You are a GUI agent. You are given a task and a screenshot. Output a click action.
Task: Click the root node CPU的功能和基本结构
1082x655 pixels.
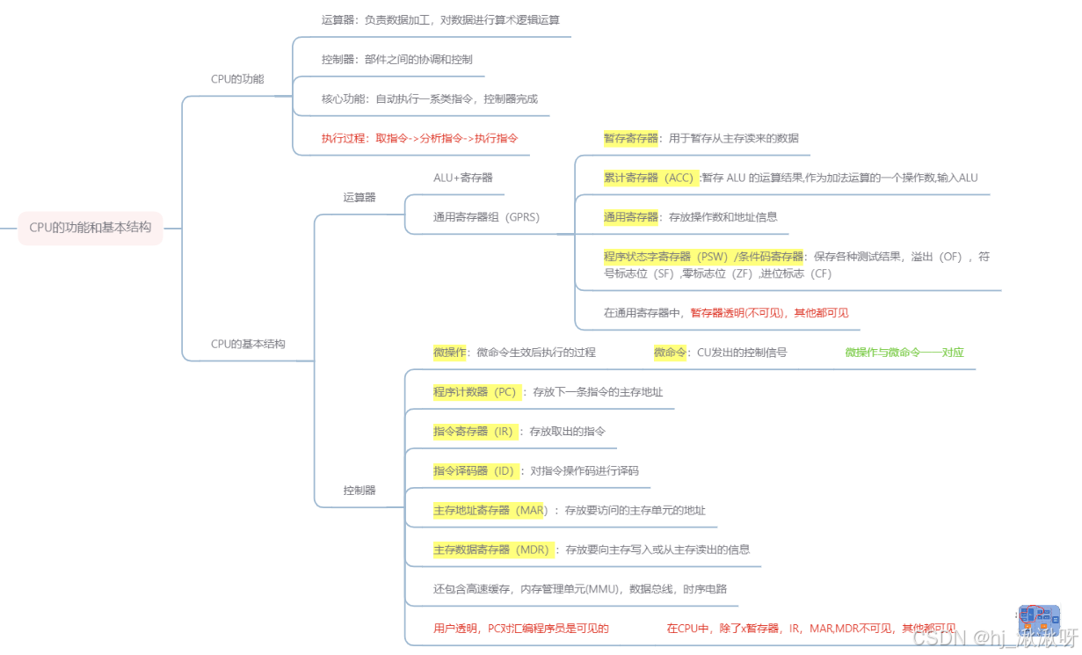coord(91,227)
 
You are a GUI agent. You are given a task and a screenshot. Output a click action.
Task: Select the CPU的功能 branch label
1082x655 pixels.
coord(237,79)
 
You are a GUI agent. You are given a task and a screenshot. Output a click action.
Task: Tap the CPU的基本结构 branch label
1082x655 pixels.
coord(248,344)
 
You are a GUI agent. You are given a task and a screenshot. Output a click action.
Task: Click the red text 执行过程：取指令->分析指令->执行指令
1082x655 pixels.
coord(419,138)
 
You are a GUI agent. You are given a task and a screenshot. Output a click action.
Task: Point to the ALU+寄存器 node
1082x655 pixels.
coord(462,178)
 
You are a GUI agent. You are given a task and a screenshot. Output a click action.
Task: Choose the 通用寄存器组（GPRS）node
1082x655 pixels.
coord(486,216)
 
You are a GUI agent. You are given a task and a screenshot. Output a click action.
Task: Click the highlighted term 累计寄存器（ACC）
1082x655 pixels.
coord(650,178)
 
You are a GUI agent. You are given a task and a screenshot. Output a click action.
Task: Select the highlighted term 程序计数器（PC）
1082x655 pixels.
coord(476,392)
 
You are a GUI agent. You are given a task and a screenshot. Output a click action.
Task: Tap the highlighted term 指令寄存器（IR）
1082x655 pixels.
coord(473,432)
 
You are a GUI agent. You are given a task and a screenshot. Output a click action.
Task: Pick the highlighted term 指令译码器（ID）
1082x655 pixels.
coord(474,470)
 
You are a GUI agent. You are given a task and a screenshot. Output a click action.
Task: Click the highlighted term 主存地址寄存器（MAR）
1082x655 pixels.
coord(490,510)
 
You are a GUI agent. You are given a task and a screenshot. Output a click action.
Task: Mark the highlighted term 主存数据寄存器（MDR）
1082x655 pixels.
coord(491,549)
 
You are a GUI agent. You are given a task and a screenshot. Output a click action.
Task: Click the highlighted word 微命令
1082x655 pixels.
coord(670,353)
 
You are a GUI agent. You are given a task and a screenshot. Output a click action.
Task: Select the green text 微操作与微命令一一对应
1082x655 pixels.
coord(904,353)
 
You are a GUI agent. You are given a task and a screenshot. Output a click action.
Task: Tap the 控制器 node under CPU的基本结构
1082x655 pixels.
coord(359,490)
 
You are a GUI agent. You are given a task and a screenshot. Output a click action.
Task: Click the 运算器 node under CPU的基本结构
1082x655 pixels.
coord(359,197)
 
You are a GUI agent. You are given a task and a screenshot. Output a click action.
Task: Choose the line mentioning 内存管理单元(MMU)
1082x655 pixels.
coord(579,589)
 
